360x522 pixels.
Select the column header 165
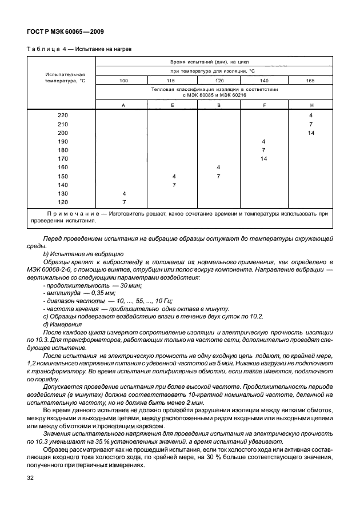pos(310,81)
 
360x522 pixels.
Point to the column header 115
pos(171,81)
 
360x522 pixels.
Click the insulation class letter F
pos(263,105)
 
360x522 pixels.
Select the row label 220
pos(62,115)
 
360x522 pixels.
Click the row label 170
pos(62,158)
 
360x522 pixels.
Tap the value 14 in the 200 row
pos(311,132)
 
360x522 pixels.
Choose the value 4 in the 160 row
pos(218,167)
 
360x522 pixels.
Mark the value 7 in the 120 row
pos(123,202)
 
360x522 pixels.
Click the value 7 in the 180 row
pos(263,150)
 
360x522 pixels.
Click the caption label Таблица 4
pos(48,49)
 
